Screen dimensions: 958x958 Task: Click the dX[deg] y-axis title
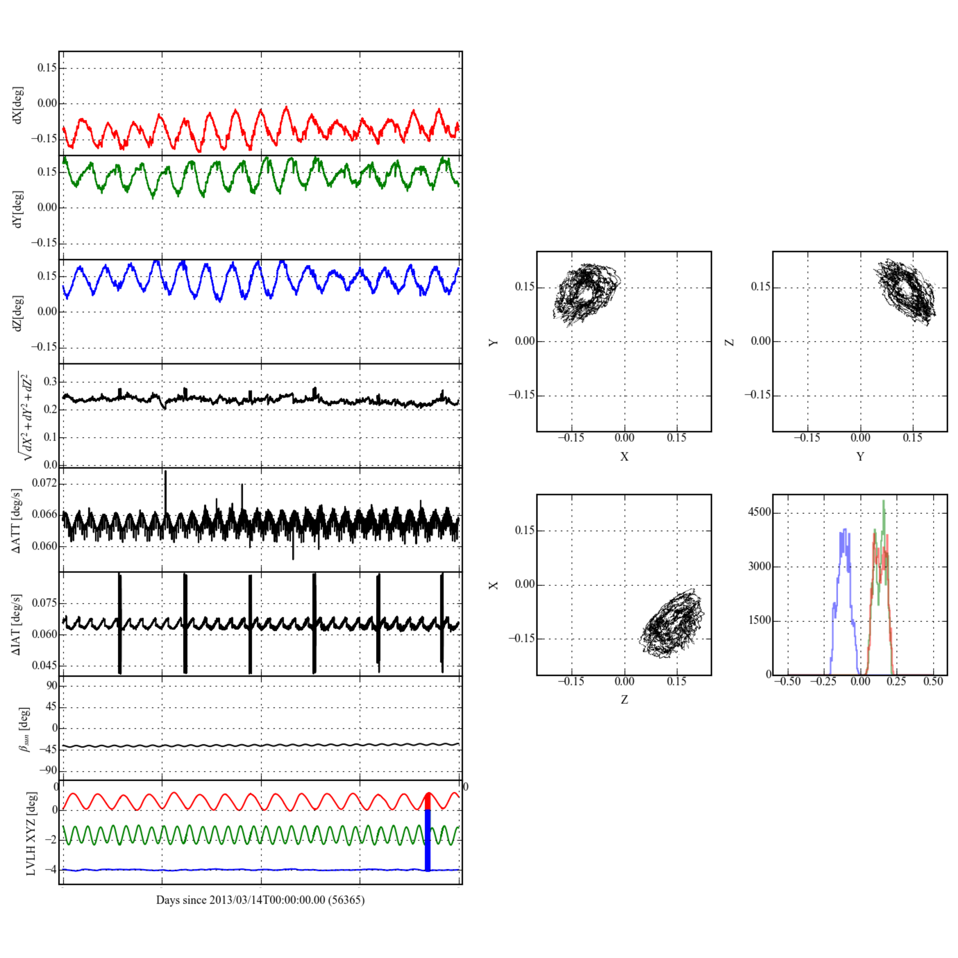(18, 105)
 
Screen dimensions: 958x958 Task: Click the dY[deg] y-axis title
(18, 209)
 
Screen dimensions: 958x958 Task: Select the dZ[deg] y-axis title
(18, 313)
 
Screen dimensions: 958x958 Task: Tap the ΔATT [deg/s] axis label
(17, 521)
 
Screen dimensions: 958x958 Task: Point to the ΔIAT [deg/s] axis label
(17, 624)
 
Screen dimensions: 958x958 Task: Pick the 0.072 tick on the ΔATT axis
(45, 483)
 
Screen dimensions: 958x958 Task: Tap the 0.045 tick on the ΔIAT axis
(45, 665)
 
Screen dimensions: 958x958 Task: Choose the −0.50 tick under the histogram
(787, 681)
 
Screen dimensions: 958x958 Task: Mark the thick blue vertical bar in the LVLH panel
(428, 840)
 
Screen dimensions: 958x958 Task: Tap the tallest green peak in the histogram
(884, 502)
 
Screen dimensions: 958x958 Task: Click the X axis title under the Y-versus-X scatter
(624, 456)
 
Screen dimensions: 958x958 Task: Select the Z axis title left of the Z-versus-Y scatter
(730, 342)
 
